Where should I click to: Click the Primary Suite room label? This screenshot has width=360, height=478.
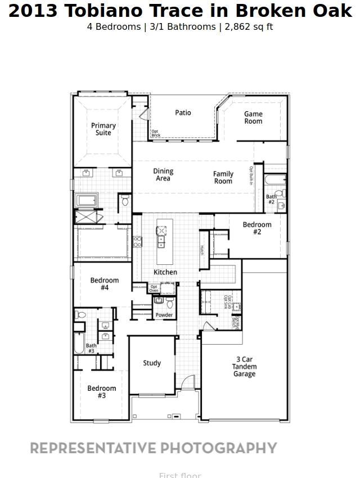click(103, 129)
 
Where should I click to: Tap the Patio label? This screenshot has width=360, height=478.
click(183, 113)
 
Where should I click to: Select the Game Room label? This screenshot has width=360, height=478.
click(253, 118)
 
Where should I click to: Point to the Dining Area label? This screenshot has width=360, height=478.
click(163, 175)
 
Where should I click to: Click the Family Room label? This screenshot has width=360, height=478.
click(223, 178)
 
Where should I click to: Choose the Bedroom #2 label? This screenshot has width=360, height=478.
click(257, 228)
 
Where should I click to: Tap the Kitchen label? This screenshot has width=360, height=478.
click(165, 272)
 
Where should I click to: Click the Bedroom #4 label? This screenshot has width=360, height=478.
click(105, 284)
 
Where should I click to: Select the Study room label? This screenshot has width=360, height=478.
click(152, 363)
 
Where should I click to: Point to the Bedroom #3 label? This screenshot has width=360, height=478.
click(102, 392)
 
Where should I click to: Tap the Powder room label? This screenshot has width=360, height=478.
click(164, 315)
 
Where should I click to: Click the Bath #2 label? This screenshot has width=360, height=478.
click(271, 200)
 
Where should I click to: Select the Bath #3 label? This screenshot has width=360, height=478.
click(91, 349)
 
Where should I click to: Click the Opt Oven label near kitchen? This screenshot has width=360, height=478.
click(154, 288)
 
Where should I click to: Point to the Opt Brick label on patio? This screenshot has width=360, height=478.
click(156, 134)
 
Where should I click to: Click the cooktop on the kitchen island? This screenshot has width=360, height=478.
click(161, 231)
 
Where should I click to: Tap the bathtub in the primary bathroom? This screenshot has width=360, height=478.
click(87, 200)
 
